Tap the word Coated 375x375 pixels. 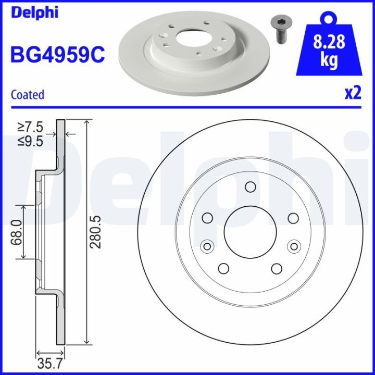[x=27, y=95]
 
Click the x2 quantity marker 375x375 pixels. [x=353, y=93]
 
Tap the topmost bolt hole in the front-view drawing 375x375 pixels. [x=250, y=187]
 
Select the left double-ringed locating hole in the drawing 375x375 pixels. [x=207, y=246]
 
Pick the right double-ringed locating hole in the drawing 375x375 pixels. [x=294, y=246]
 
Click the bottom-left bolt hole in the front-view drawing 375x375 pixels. [x=223, y=268]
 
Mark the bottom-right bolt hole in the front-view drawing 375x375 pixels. [x=277, y=268]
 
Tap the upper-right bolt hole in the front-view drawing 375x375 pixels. [x=293, y=218]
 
